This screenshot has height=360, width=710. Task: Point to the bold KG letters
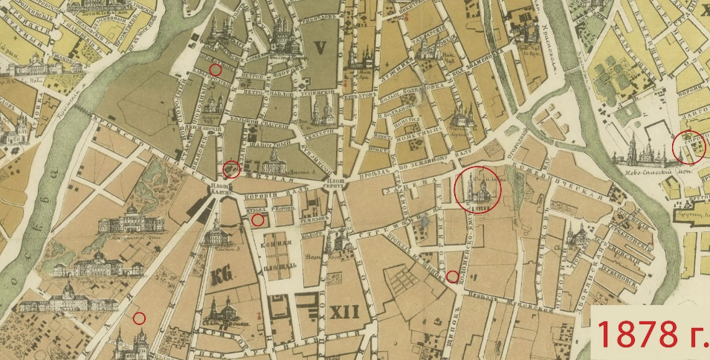(222, 275)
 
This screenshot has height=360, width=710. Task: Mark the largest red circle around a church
(477, 191)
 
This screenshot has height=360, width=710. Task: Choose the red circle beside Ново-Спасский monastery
(685, 147)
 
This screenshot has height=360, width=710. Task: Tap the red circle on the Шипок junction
(452, 277)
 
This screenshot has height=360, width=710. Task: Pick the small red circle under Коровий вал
(257, 219)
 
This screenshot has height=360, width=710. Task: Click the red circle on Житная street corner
(231, 170)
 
